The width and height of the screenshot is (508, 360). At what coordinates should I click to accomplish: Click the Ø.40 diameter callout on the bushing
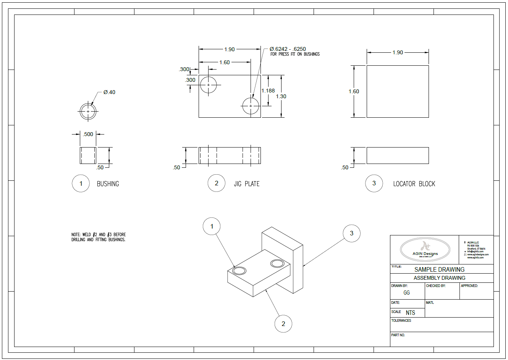[x=109, y=92]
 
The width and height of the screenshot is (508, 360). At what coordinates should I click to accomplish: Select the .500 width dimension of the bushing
[x=88, y=134]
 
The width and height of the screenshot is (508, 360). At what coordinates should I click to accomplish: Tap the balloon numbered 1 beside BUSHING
[x=81, y=183]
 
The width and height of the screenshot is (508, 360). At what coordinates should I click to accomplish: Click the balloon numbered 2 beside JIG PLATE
[x=217, y=183]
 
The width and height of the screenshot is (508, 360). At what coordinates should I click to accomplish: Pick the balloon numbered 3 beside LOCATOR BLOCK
[x=374, y=183]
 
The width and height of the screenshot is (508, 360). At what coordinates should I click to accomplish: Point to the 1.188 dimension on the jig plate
[x=268, y=91]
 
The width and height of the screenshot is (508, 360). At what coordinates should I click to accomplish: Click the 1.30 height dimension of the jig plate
[x=281, y=96]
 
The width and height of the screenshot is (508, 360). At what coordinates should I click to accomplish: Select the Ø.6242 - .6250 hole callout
[x=288, y=49]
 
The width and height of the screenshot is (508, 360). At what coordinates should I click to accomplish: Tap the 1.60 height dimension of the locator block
[x=354, y=91]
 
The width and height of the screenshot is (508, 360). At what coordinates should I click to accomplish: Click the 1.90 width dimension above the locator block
[x=398, y=52]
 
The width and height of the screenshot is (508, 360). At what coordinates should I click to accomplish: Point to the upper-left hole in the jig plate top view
[x=208, y=84]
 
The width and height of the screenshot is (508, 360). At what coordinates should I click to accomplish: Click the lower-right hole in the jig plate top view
[x=251, y=105]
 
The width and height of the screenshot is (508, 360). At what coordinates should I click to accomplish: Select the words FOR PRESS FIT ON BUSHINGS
[x=295, y=54]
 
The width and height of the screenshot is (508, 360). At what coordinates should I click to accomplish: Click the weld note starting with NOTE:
[x=99, y=237]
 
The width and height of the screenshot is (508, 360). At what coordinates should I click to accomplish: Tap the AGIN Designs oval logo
[x=425, y=249]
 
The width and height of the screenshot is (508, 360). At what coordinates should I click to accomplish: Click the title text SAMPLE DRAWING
[x=439, y=269]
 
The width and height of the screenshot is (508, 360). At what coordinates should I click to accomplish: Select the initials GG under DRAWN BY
[x=406, y=293]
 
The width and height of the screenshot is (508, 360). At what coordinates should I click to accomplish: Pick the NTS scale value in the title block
[x=410, y=313]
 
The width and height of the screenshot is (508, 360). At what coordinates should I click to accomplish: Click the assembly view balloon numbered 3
[x=351, y=233]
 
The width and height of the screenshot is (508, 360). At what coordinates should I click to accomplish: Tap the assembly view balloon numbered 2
[x=283, y=324]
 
